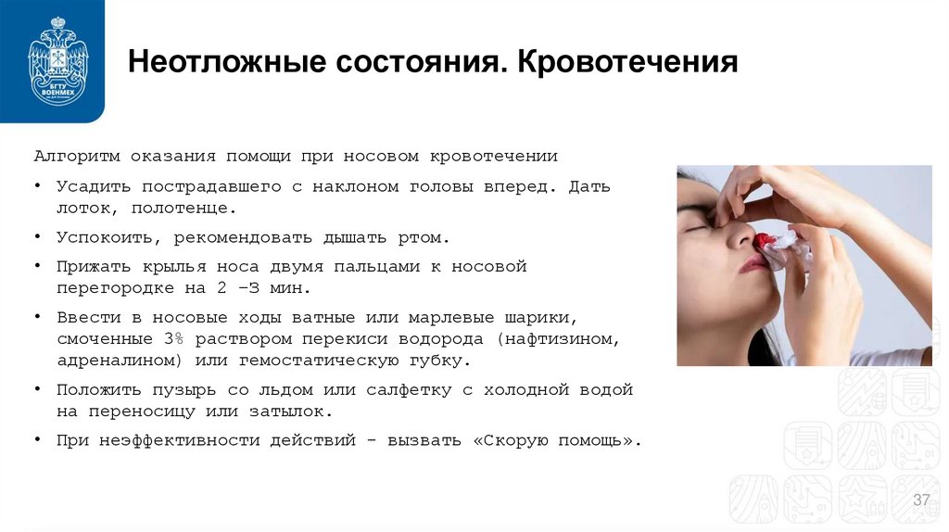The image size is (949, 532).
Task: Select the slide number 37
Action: (921, 500)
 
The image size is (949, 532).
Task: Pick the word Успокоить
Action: (101, 237)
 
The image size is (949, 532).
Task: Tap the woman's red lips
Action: (752, 266)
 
